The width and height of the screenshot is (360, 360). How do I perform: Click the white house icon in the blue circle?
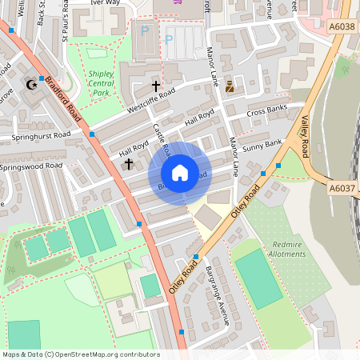coord(180,172)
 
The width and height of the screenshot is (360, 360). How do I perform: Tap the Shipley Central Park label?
coord(100,83)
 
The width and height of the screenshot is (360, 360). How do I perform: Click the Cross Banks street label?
coord(267,110)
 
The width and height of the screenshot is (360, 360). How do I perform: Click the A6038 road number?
coord(342,26)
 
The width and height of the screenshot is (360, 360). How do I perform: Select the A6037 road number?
coord(342,188)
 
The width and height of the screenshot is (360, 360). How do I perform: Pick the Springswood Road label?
coord(31,166)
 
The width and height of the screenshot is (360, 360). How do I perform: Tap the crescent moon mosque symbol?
coord(32,84)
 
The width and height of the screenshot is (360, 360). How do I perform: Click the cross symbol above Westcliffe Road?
coord(155,85)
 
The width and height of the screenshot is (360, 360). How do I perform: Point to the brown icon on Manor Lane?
coord(230,86)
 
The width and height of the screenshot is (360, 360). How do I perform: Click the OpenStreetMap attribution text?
coord(82,354)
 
